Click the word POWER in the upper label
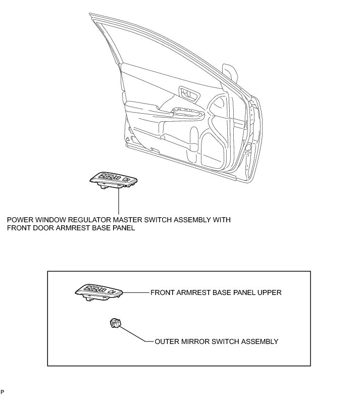[x=20, y=220]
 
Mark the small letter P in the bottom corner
[x=3, y=391]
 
